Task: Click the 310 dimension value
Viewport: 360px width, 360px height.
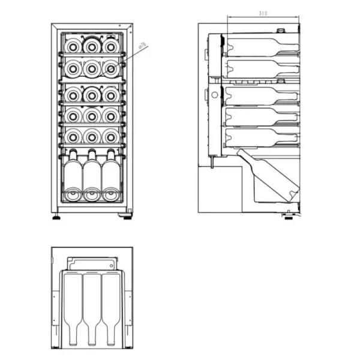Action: pos(263,13)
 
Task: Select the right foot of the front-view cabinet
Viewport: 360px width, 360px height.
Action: pos(127,217)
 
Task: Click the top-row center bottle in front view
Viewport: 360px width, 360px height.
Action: pos(91,45)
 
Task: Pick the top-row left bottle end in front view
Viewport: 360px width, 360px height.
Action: pos(73,45)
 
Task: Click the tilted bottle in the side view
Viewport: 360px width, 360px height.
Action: pos(270,177)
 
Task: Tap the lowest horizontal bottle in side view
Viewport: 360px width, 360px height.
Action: pos(261,137)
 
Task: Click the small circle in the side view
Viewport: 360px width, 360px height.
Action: pos(214,95)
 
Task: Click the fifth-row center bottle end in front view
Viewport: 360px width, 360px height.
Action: pos(91,136)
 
